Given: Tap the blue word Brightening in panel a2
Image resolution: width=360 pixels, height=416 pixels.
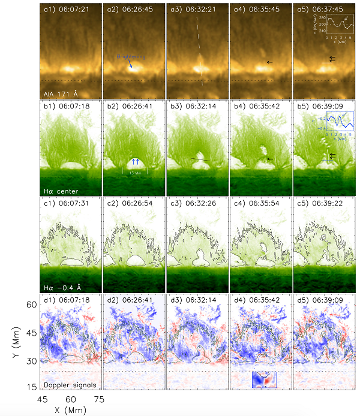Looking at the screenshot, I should tap(131, 56).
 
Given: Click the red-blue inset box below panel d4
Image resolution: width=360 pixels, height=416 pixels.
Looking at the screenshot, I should tap(264, 380).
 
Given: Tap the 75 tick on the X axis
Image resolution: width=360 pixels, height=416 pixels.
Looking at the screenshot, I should tap(100, 398).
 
